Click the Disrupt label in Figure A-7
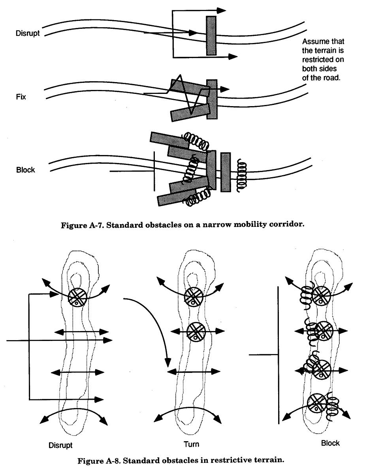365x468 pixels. [28, 34]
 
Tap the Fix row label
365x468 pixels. [21, 96]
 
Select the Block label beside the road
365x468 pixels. [26, 170]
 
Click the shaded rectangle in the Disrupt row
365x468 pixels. [211, 36]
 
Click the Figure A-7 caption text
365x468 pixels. [182, 226]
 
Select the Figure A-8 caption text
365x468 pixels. [182, 459]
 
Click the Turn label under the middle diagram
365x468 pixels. [192, 444]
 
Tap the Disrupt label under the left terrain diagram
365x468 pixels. [60, 445]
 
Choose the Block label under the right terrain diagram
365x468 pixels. [330, 443]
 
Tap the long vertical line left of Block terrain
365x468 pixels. [279, 355]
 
